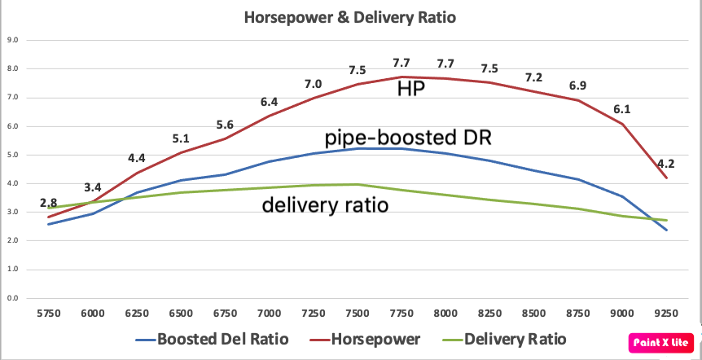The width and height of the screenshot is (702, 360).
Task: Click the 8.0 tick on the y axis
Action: [x=14, y=68]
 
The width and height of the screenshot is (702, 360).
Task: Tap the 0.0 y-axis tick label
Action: [x=14, y=298]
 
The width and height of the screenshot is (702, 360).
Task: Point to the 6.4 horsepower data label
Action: [x=270, y=102]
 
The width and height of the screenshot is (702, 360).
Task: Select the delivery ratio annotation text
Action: [x=324, y=206]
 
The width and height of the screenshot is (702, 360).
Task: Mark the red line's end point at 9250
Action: [x=667, y=178]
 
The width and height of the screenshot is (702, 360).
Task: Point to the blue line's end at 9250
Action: [x=667, y=230]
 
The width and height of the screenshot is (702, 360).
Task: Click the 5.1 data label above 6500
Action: [x=181, y=138]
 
